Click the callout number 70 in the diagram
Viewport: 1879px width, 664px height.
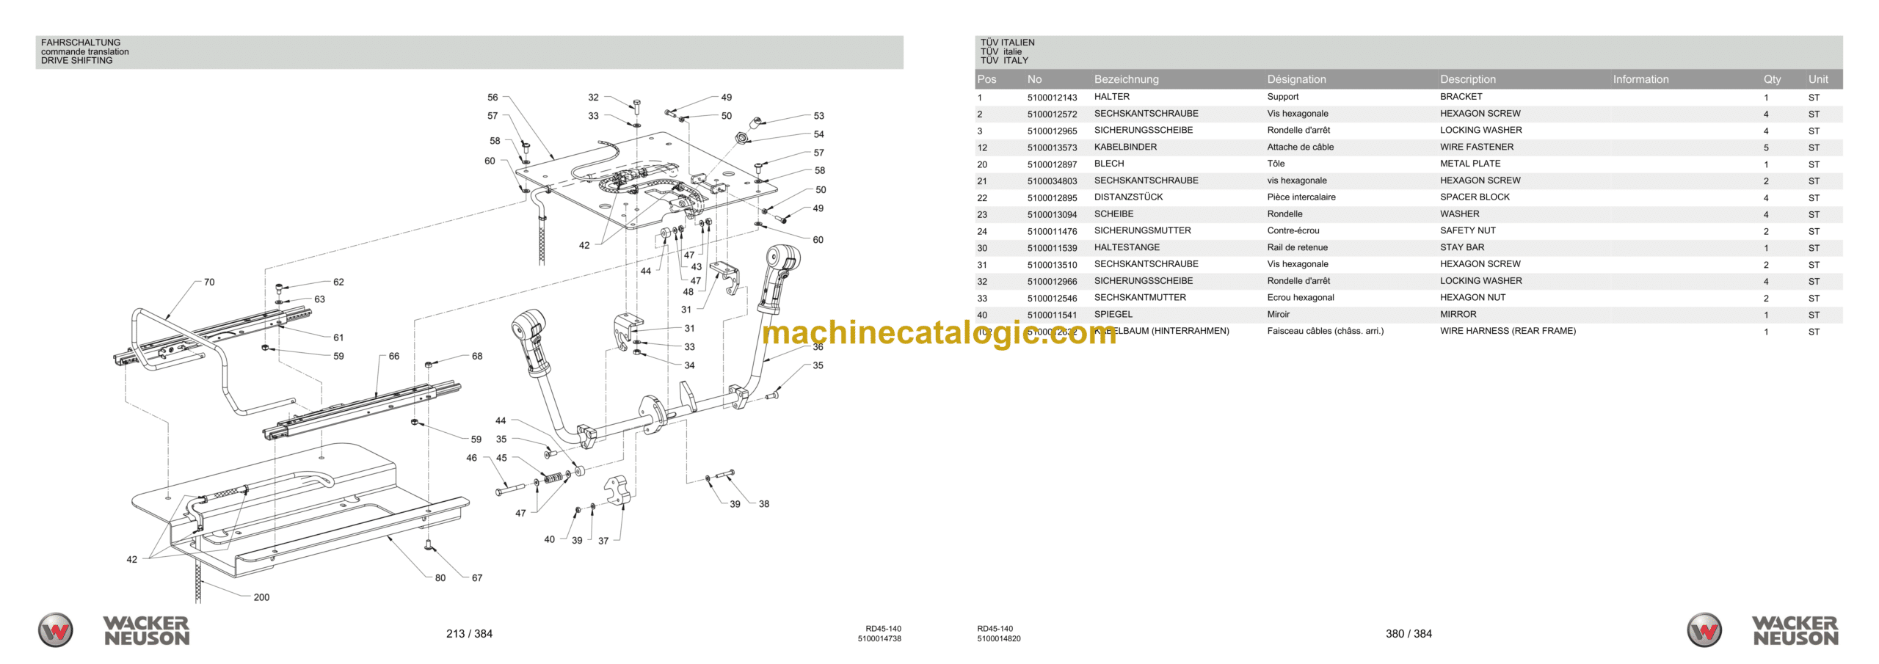click(209, 282)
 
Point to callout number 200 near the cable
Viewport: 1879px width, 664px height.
click(261, 597)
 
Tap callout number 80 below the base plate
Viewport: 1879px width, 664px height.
click(440, 578)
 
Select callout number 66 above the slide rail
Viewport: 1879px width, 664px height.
click(394, 357)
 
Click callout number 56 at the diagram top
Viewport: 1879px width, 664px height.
click(493, 98)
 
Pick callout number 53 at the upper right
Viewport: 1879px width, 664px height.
click(819, 116)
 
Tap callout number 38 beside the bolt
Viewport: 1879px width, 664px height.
click(764, 504)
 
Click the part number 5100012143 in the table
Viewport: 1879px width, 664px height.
click(1052, 98)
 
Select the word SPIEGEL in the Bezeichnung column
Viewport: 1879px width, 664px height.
click(1113, 315)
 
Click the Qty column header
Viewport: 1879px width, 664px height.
click(1772, 79)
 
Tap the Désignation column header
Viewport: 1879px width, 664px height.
click(1296, 79)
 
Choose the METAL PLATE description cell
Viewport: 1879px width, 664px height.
click(1469, 164)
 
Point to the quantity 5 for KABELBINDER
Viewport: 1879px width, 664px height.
click(1766, 147)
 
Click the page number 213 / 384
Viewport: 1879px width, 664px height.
click(469, 634)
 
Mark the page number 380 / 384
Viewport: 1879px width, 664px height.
click(1409, 634)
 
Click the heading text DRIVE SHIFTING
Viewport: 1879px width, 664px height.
click(77, 61)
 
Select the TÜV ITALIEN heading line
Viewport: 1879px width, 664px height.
click(1007, 43)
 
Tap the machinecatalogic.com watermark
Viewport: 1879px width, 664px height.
click(939, 334)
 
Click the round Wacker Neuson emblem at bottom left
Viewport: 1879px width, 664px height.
click(56, 630)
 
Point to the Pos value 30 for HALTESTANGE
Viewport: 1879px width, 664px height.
click(982, 248)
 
